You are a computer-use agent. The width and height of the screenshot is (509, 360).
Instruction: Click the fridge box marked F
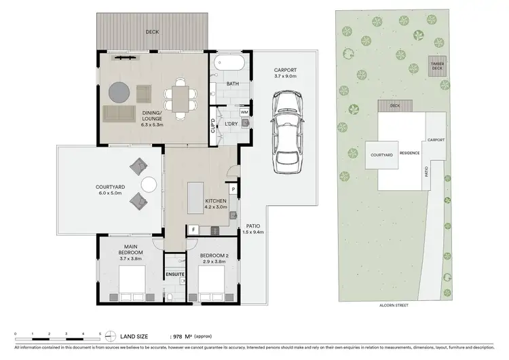pyautogui.click(x=193, y=230)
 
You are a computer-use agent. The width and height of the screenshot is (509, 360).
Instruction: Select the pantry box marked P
pyautogui.click(x=233, y=190)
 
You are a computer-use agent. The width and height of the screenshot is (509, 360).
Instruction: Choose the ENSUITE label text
pyautogui.click(x=175, y=274)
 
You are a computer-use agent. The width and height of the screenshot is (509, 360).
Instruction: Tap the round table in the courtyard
pyautogui.click(x=149, y=184)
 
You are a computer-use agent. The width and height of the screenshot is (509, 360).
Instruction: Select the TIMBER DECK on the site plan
pyautogui.click(x=437, y=65)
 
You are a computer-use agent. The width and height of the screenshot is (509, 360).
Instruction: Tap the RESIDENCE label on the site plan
pyautogui.click(x=409, y=153)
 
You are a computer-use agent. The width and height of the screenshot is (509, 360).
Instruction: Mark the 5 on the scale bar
pyautogui.click(x=100, y=333)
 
